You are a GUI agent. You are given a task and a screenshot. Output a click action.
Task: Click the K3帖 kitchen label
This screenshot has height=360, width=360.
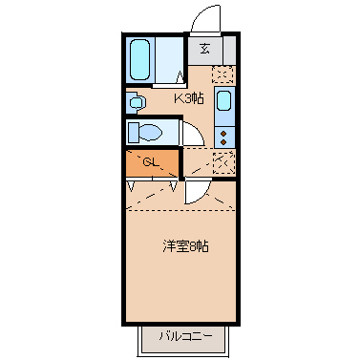188,98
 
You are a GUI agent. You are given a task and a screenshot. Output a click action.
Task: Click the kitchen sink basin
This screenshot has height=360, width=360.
223,101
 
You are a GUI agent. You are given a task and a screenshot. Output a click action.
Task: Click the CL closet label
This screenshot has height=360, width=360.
151,161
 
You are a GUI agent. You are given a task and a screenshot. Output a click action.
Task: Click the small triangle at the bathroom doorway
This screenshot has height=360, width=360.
181,79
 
